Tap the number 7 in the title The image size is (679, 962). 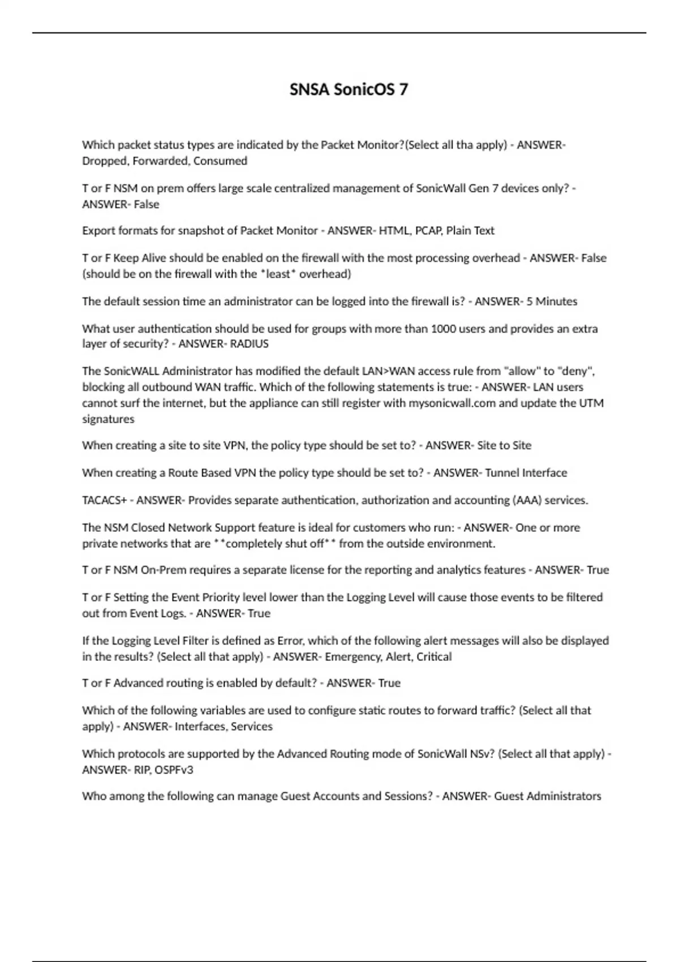[403, 89]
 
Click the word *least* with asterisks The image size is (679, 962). [278, 274]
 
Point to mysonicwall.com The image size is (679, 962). [452, 403]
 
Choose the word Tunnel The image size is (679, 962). [502, 473]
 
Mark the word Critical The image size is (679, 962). [434, 656]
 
